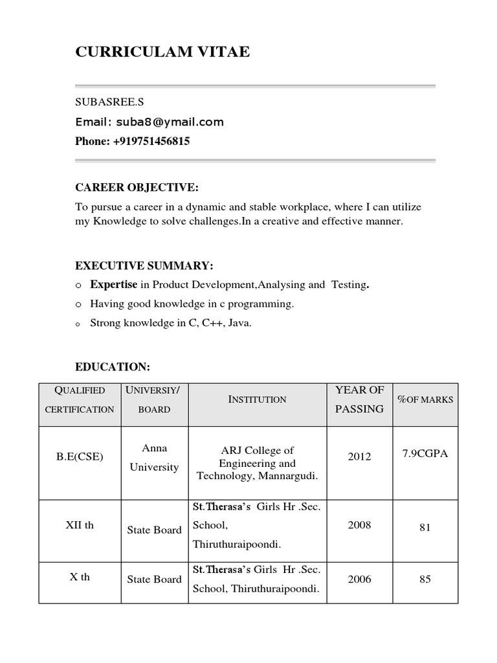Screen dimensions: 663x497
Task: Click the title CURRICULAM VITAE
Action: click(x=162, y=52)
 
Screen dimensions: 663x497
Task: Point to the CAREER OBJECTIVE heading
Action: click(x=137, y=188)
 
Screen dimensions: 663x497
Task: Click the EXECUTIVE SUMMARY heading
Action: click(x=144, y=266)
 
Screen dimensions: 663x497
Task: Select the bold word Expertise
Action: click(x=114, y=284)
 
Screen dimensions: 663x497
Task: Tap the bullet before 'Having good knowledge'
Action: click(x=78, y=304)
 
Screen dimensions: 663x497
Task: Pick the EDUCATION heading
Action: click(x=113, y=367)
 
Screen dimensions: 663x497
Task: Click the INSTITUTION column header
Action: click(x=258, y=399)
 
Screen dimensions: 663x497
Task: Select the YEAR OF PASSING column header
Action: click(x=359, y=399)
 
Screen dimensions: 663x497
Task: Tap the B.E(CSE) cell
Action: click(x=80, y=456)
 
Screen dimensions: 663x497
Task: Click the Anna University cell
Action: click(x=154, y=457)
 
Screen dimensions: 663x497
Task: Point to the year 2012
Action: click(x=359, y=456)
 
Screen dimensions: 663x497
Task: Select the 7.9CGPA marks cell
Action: click(x=425, y=453)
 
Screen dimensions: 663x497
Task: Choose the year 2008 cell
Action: click(x=359, y=524)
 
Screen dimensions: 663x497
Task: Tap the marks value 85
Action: click(x=425, y=579)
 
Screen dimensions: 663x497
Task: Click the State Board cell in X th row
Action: click(x=155, y=579)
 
